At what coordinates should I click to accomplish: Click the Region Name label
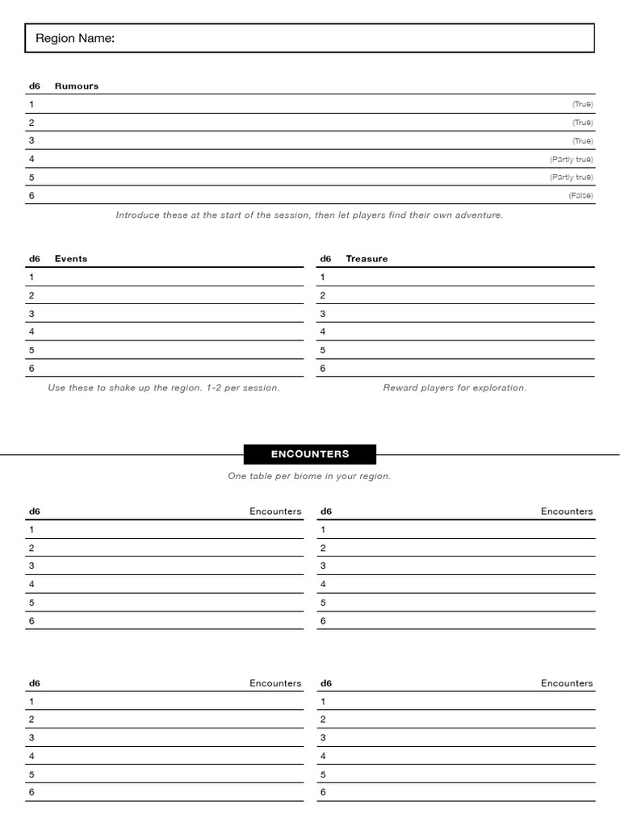75,39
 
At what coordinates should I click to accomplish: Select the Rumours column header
77,86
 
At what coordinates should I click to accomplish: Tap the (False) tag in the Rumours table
580,196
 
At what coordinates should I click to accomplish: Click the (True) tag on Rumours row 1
582,104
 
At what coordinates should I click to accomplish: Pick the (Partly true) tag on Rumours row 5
571,177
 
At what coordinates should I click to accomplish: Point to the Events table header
71,259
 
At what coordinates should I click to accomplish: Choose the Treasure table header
367,259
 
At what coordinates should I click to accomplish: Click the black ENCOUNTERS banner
310,454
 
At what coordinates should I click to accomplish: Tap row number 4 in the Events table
31,332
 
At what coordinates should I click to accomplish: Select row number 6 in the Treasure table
323,369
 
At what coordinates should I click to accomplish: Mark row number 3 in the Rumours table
31,141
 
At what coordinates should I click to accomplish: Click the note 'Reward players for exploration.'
455,388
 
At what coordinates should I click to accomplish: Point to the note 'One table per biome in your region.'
309,477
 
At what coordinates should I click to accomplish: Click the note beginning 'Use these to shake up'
164,388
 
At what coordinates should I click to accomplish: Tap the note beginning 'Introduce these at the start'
309,215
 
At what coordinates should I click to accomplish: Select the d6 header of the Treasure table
325,259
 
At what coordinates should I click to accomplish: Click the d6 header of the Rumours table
35,86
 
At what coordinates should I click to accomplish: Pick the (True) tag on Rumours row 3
582,141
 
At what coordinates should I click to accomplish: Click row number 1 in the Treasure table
323,277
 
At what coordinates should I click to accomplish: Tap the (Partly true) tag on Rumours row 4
571,160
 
